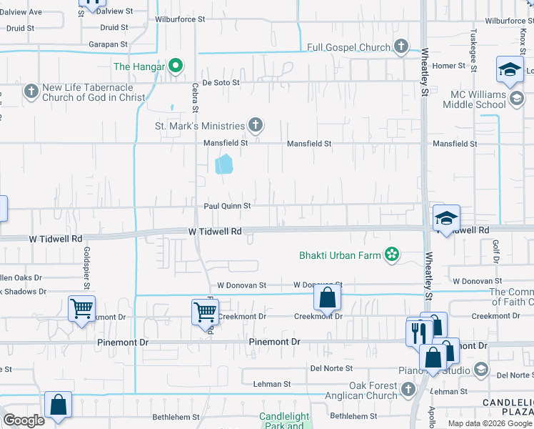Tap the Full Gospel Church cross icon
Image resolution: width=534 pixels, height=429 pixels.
point(401,47)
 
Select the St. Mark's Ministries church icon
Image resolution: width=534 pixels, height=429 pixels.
point(255,126)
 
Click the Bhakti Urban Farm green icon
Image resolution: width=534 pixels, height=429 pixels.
point(391,254)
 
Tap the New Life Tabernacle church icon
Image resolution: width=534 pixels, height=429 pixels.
point(31,92)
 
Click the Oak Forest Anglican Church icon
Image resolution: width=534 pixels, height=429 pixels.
point(408,390)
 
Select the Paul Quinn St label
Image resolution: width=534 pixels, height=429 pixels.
point(227,206)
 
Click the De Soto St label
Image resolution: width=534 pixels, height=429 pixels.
point(221,83)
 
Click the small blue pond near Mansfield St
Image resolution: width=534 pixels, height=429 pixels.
point(224,164)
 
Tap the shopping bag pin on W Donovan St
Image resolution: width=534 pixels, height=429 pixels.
point(327,297)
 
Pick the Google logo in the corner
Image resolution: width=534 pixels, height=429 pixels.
point(24,420)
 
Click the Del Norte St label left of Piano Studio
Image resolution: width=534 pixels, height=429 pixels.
point(331,368)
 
